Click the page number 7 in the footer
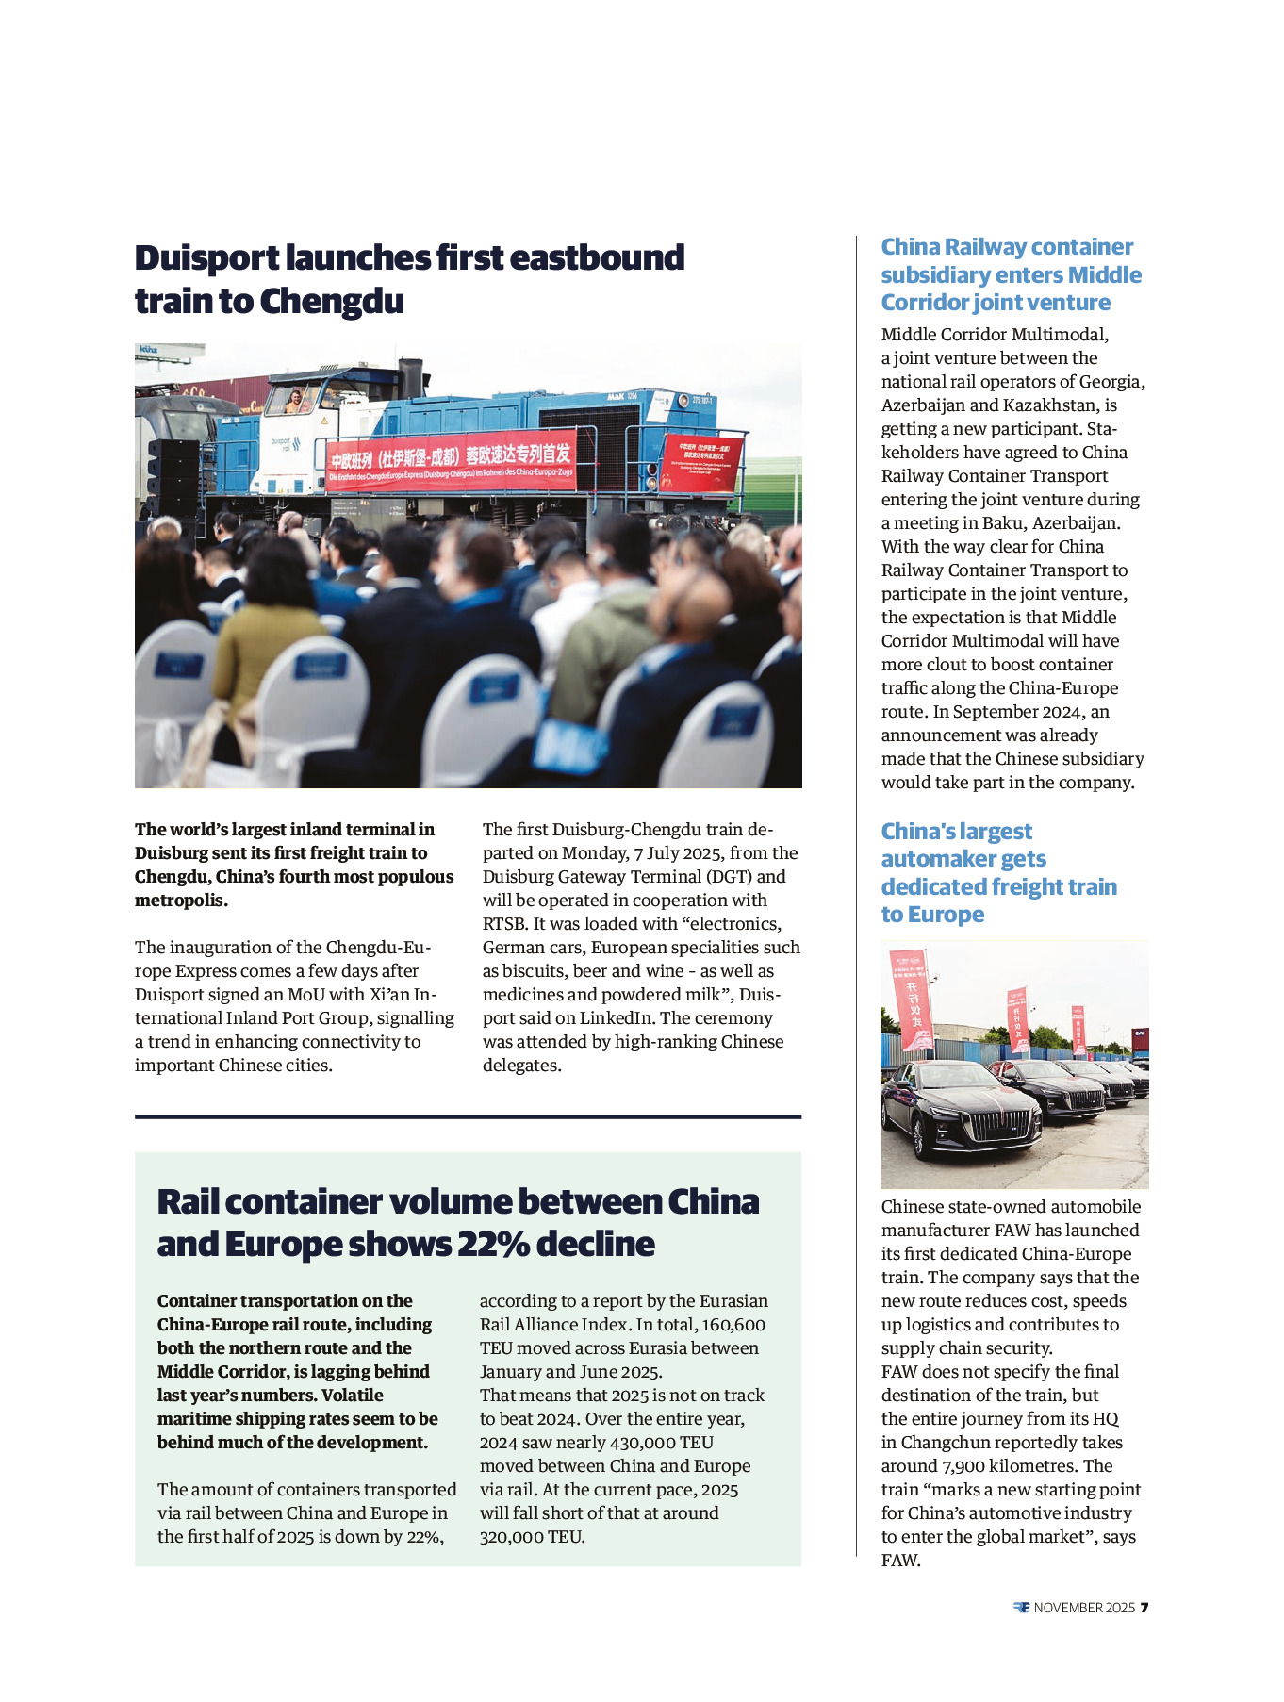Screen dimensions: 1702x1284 pos(1144,1608)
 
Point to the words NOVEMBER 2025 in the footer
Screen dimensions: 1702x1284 pos(1084,1608)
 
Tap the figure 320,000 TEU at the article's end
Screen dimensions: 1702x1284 pos(532,1537)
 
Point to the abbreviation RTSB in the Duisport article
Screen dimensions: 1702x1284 pos(504,924)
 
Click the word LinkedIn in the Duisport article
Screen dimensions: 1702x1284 pos(617,1018)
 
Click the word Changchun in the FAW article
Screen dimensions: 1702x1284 pos(946,1443)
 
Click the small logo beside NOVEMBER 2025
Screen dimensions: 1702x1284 pos(1021,1608)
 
